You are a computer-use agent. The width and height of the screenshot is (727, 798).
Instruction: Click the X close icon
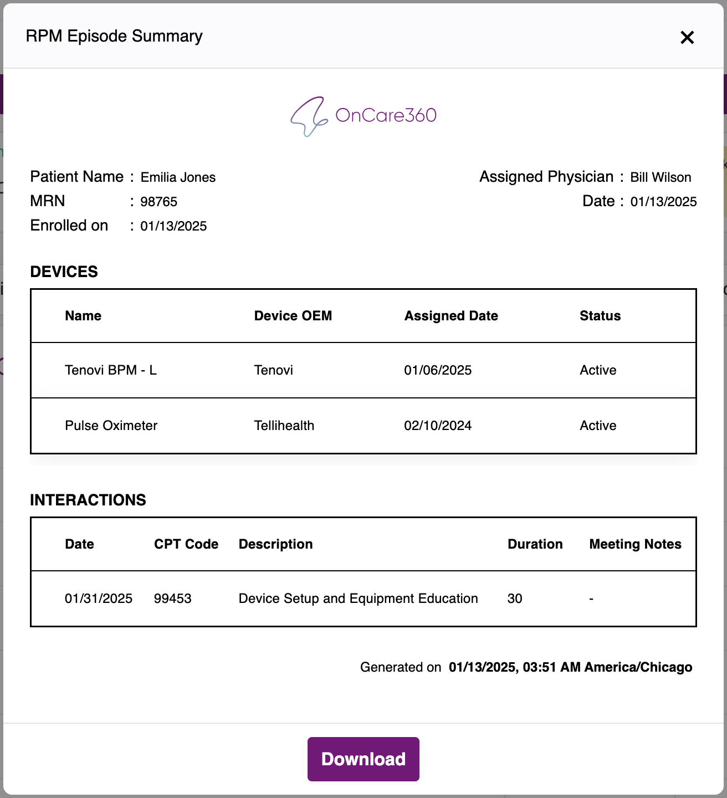pos(687,38)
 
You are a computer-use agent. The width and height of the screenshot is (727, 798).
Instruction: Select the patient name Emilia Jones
pos(178,177)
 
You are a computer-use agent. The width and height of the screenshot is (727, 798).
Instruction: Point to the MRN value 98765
pos(159,202)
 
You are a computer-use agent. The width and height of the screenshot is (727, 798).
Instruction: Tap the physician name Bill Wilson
pos(661,177)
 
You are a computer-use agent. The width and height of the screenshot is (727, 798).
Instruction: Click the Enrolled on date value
pos(173,226)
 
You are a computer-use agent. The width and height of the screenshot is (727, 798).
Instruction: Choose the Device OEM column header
pos(293,316)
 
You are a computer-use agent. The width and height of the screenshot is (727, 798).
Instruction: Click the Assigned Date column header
pos(451,316)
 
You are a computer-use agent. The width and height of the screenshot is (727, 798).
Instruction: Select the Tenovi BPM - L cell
pos(111,370)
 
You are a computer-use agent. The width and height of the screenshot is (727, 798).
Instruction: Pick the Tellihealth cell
pos(284,426)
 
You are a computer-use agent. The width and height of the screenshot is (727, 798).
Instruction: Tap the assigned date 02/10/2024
pos(438,426)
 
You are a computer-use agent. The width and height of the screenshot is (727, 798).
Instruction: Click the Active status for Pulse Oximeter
pos(598,426)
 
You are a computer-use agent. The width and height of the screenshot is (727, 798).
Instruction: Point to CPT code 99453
pos(173,598)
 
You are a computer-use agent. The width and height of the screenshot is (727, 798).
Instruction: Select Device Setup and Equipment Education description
pos(358,598)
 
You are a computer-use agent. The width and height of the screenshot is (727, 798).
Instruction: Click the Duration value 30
pos(515,598)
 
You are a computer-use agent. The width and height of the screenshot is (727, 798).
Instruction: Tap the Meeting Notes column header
pos(635,544)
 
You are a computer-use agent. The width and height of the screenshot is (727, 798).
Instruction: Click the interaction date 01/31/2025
pos(99,598)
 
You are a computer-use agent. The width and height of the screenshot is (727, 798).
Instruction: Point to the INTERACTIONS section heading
pos(88,500)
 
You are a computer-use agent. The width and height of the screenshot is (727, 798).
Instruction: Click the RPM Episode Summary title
pos(114,37)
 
